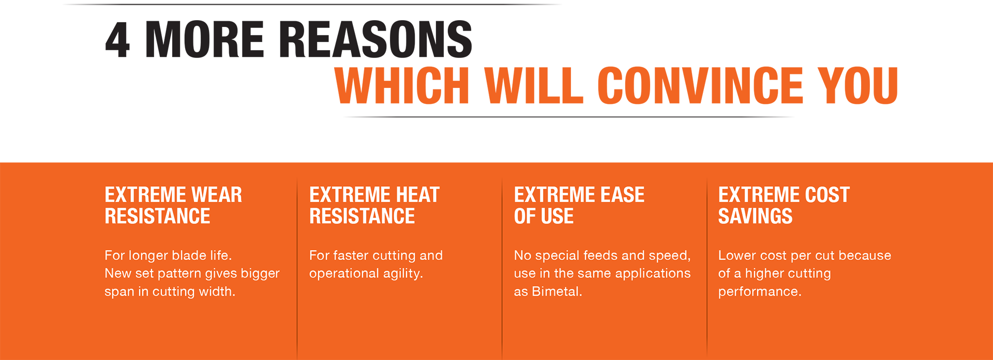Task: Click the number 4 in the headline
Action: pyautogui.click(x=117, y=40)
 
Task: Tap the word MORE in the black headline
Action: pyautogui.click(x=205, y=40)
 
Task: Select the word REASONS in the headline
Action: pyautogui.click(x=376, y=40)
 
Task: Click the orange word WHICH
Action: pyautogui.click(x=402, y=85)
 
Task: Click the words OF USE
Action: pyautogui.click(x=544, y=216)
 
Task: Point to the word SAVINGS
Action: pyautogui.click(x=755, y=216)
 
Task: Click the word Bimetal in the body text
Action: pyautogui.click(x=557, y=291)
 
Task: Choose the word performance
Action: pyautogui.click(x=760, y=292)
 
